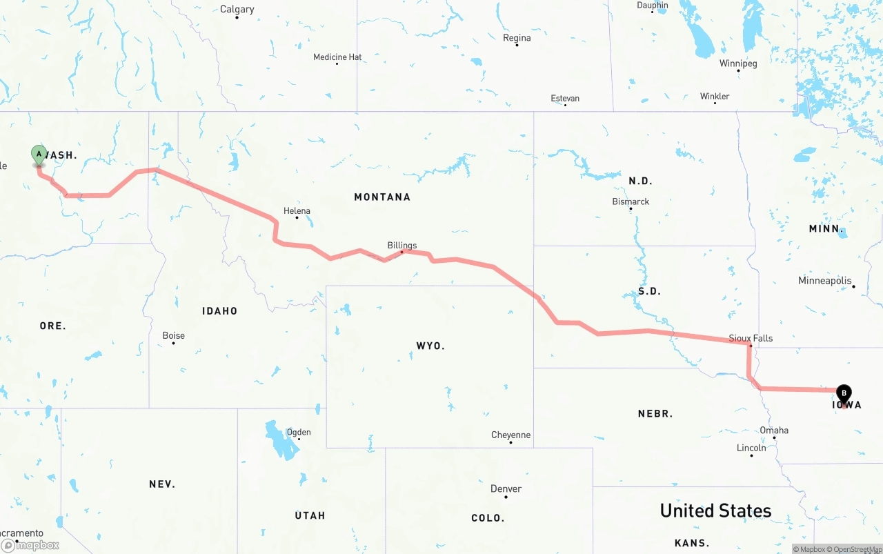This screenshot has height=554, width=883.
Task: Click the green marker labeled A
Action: (39, 155)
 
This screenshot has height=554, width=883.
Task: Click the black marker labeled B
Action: (843, 394)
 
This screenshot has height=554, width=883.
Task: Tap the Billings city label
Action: (401, 245)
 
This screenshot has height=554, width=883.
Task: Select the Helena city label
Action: (297, 211)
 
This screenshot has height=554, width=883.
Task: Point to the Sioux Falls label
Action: (751, 338)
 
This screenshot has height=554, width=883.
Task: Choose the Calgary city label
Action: (237, 9)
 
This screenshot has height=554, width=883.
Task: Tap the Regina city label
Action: (517, 38)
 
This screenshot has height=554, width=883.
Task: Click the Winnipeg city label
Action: (738, 63)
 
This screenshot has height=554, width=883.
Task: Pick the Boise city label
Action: (173, 335)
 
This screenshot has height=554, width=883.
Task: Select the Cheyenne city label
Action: (510, 435)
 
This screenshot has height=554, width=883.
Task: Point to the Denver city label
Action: (506, 488)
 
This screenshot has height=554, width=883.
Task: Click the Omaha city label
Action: (774, 431)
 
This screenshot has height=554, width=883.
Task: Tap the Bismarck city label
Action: (631, 201)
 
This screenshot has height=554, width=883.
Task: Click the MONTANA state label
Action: (382, 197)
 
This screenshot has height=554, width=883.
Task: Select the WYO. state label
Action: (430, 346)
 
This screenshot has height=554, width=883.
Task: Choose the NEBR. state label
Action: (655, 414)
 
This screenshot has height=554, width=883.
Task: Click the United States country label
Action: (715, 511)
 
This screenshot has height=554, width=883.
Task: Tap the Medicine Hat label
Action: (337, 57)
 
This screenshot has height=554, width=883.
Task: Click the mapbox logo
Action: (30, 545)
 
